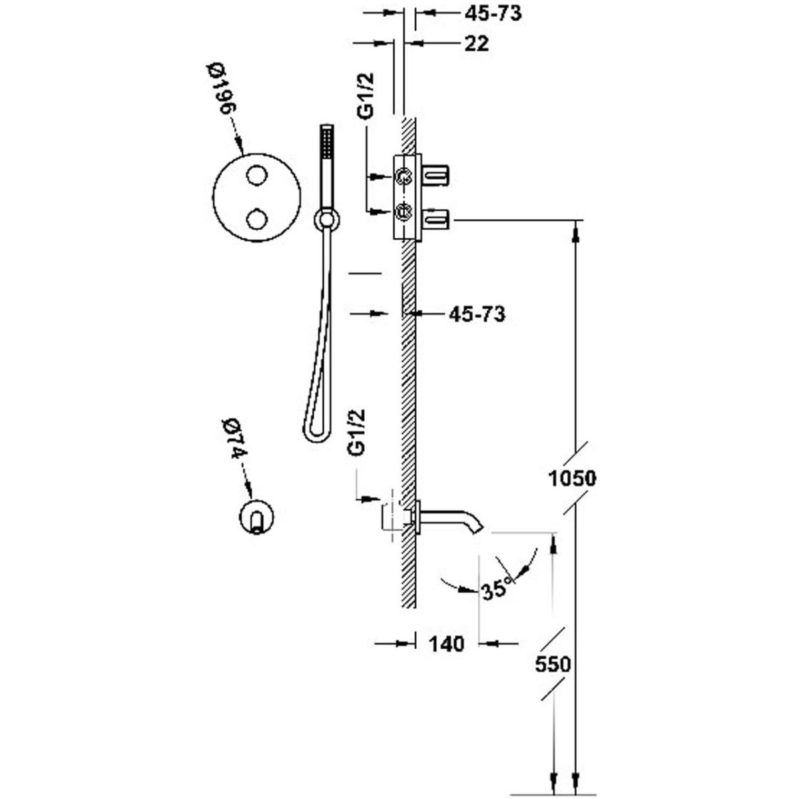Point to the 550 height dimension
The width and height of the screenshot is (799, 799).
553,664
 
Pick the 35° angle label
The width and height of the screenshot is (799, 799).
496,589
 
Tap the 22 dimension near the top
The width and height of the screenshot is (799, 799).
475,43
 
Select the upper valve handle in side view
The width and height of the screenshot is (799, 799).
437,176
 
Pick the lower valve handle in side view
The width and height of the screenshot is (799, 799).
437,216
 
